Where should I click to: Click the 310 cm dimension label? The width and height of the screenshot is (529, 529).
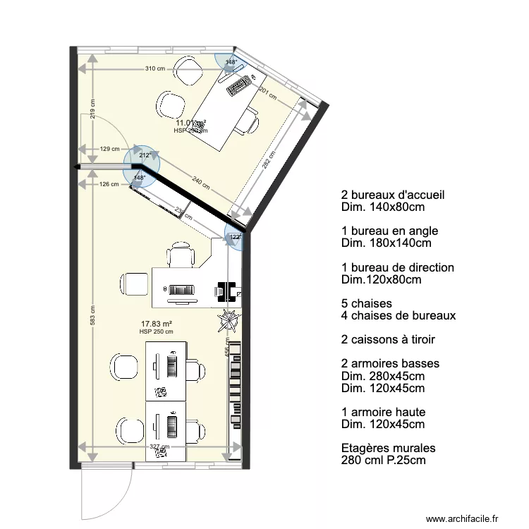(154, 68)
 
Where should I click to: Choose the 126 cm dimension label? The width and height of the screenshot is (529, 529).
(109, 185)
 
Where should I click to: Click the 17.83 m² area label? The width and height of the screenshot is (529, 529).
(156, 324)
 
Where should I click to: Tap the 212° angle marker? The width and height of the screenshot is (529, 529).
(145, 155)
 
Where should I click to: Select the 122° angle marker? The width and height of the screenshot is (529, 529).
(235, 238)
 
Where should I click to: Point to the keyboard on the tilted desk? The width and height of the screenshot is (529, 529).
(240, 86)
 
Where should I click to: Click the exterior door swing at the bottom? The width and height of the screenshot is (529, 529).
(106, 494)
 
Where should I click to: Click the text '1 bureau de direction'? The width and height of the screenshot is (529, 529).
(398, 268)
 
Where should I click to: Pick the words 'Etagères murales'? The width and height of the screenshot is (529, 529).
(389, 448)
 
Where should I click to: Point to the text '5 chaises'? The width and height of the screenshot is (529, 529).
(365, 303)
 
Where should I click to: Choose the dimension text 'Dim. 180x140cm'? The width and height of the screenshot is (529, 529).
(387, 243)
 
